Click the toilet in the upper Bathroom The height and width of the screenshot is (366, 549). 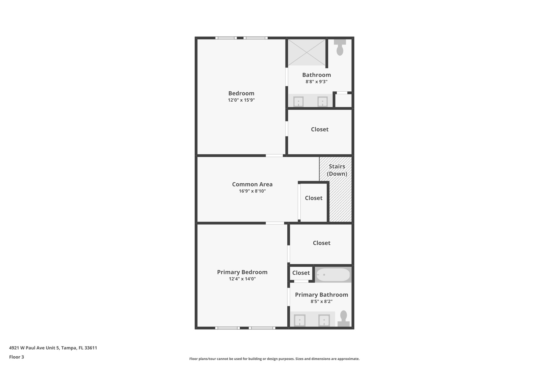pos(340,48)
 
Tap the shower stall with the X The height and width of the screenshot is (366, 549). pos(307,52)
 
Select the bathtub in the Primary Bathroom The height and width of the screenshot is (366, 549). pos(333,275)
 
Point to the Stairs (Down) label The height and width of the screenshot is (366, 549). pos(337,170)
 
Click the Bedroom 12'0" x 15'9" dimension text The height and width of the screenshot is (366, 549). pos(241,100)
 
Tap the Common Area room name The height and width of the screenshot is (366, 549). pos(252,184)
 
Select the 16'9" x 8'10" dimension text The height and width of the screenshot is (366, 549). pos(252,191)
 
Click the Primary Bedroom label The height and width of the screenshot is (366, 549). pos(242,272)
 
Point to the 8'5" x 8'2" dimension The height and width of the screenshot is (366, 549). pos(321,301)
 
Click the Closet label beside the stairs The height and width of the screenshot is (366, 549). pos(313,198)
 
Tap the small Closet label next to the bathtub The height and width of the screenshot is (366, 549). pos(301,273)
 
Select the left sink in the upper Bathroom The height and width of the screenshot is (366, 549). pos(298,102)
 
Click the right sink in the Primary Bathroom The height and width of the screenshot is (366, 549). pos(324,320)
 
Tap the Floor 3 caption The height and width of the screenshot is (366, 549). pos(17,357)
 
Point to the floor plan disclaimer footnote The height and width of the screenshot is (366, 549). pos(274,359)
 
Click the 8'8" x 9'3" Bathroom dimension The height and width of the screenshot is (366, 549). pos(316,82)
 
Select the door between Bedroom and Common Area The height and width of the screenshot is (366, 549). pos(274,156)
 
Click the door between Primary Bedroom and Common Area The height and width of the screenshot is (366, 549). pos(275,223)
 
